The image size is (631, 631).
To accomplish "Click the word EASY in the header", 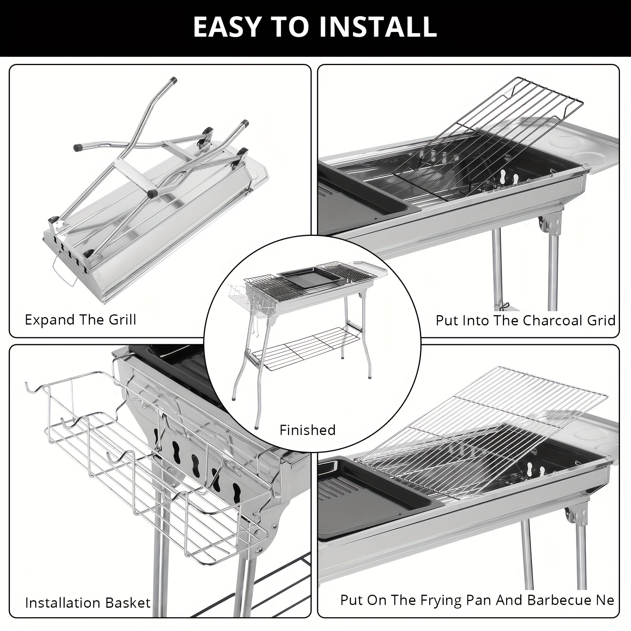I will [225, 26].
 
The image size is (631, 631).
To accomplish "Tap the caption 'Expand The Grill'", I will [80, 319].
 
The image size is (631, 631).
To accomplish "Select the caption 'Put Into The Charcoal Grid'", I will [525, 320].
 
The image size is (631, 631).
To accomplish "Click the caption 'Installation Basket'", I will [88, 603].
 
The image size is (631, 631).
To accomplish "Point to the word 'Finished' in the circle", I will [307, 430].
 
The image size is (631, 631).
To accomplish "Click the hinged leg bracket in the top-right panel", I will [550, 225].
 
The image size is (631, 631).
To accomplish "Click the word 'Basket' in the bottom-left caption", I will [130, 603].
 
